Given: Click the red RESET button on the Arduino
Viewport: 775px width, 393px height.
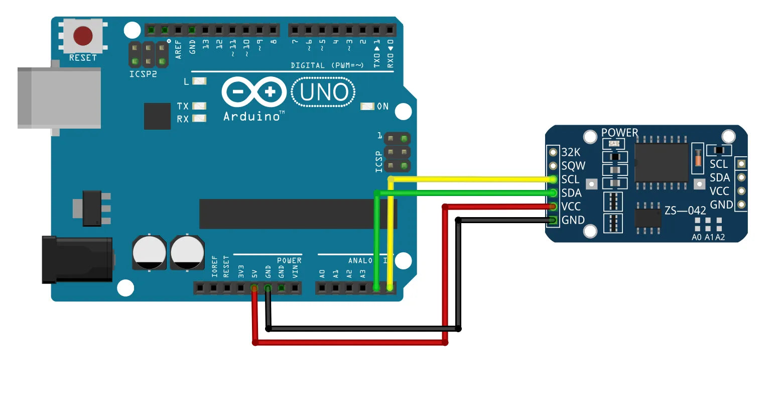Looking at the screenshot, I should [x=83, y=36].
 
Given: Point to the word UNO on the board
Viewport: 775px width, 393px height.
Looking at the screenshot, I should [x=324, y=92].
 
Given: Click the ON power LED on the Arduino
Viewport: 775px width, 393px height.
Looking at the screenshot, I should [x=367, y=107].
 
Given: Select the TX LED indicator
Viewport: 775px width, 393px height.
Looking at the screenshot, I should [x=199, y=106].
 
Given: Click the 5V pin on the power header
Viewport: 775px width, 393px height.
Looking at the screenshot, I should [x=254, y=288].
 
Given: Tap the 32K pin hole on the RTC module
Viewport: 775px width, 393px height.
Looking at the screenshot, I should [x=553, y=152].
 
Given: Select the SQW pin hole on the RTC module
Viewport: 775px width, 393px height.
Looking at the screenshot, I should [x=553, y=166].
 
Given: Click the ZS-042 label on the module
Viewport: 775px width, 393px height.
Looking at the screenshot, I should [x=685, y=211].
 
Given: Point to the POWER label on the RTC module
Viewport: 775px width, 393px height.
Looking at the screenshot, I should [x=619, y=133].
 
